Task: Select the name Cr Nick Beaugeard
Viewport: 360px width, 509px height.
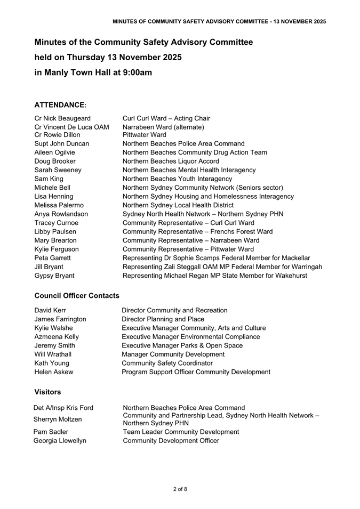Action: (62, 118)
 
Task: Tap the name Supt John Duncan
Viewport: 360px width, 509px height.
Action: (62, 143)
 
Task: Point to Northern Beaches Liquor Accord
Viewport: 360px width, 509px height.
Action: (174, 160)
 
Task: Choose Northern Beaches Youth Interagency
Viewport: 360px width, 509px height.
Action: (178, 179)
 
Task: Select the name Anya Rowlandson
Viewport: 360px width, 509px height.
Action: (61, 214)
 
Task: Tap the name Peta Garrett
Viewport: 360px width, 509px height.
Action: (53, 258)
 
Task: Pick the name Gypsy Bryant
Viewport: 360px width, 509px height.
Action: (54, 276)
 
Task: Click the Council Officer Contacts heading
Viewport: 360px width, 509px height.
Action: (77, 295)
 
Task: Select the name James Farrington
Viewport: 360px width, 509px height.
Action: (60, 319)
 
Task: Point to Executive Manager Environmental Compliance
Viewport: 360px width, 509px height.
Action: (191, 336)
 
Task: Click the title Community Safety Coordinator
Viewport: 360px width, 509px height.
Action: (167, 363)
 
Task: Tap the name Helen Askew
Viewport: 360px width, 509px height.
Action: (54, 371)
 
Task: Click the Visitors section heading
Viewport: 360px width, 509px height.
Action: (47, 392)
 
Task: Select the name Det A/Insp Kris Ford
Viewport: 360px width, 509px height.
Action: (63, 408)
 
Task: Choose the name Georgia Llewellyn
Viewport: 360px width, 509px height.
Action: (60, 440)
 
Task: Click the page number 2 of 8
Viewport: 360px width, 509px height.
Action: (180, 489)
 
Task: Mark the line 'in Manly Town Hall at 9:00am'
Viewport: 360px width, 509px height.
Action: (93, 72)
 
